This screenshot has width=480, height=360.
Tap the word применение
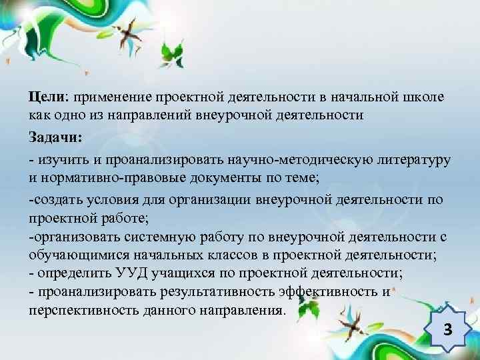click(x=111, y=97)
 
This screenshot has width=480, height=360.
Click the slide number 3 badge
click(x=447, y=329)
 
